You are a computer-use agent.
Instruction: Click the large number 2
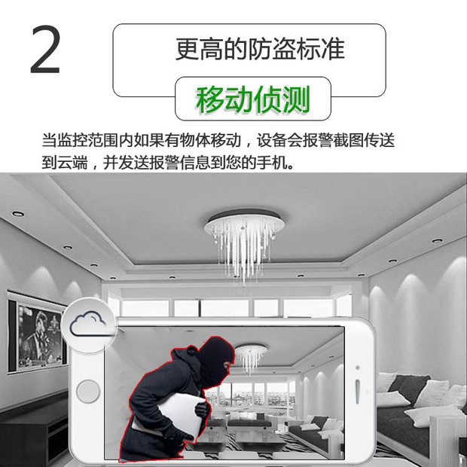(45, 49)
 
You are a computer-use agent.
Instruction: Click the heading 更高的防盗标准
(260, 49)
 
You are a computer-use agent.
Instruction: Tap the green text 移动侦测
(253, 99)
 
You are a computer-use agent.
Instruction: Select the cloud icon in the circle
(88, 324)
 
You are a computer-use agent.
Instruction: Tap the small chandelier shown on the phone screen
(251, 357)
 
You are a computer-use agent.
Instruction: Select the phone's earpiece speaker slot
(357, 392)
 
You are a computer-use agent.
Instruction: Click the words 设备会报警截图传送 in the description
(325, 140)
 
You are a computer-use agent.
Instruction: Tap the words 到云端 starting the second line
(65, 163)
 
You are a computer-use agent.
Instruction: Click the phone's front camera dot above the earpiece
(357, 368)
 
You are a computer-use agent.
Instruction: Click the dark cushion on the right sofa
(408, 387)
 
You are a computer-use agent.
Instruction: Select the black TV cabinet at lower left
(32, 432)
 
